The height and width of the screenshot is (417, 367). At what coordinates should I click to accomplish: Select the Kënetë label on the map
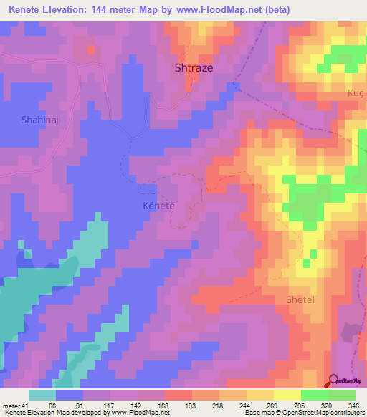[x=152, y=206]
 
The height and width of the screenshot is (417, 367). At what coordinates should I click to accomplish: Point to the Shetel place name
[x=300, y=299]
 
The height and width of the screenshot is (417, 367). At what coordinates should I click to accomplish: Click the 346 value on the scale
[x=351, y=405]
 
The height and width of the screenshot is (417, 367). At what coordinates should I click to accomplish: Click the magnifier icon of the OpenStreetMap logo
[x=333, y=381]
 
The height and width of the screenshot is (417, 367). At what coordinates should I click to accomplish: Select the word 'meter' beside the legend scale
[x=9, y=405]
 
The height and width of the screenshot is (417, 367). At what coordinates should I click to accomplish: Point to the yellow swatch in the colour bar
[x=287, y=395]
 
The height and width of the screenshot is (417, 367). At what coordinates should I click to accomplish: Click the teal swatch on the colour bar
[x=42, y=395]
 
